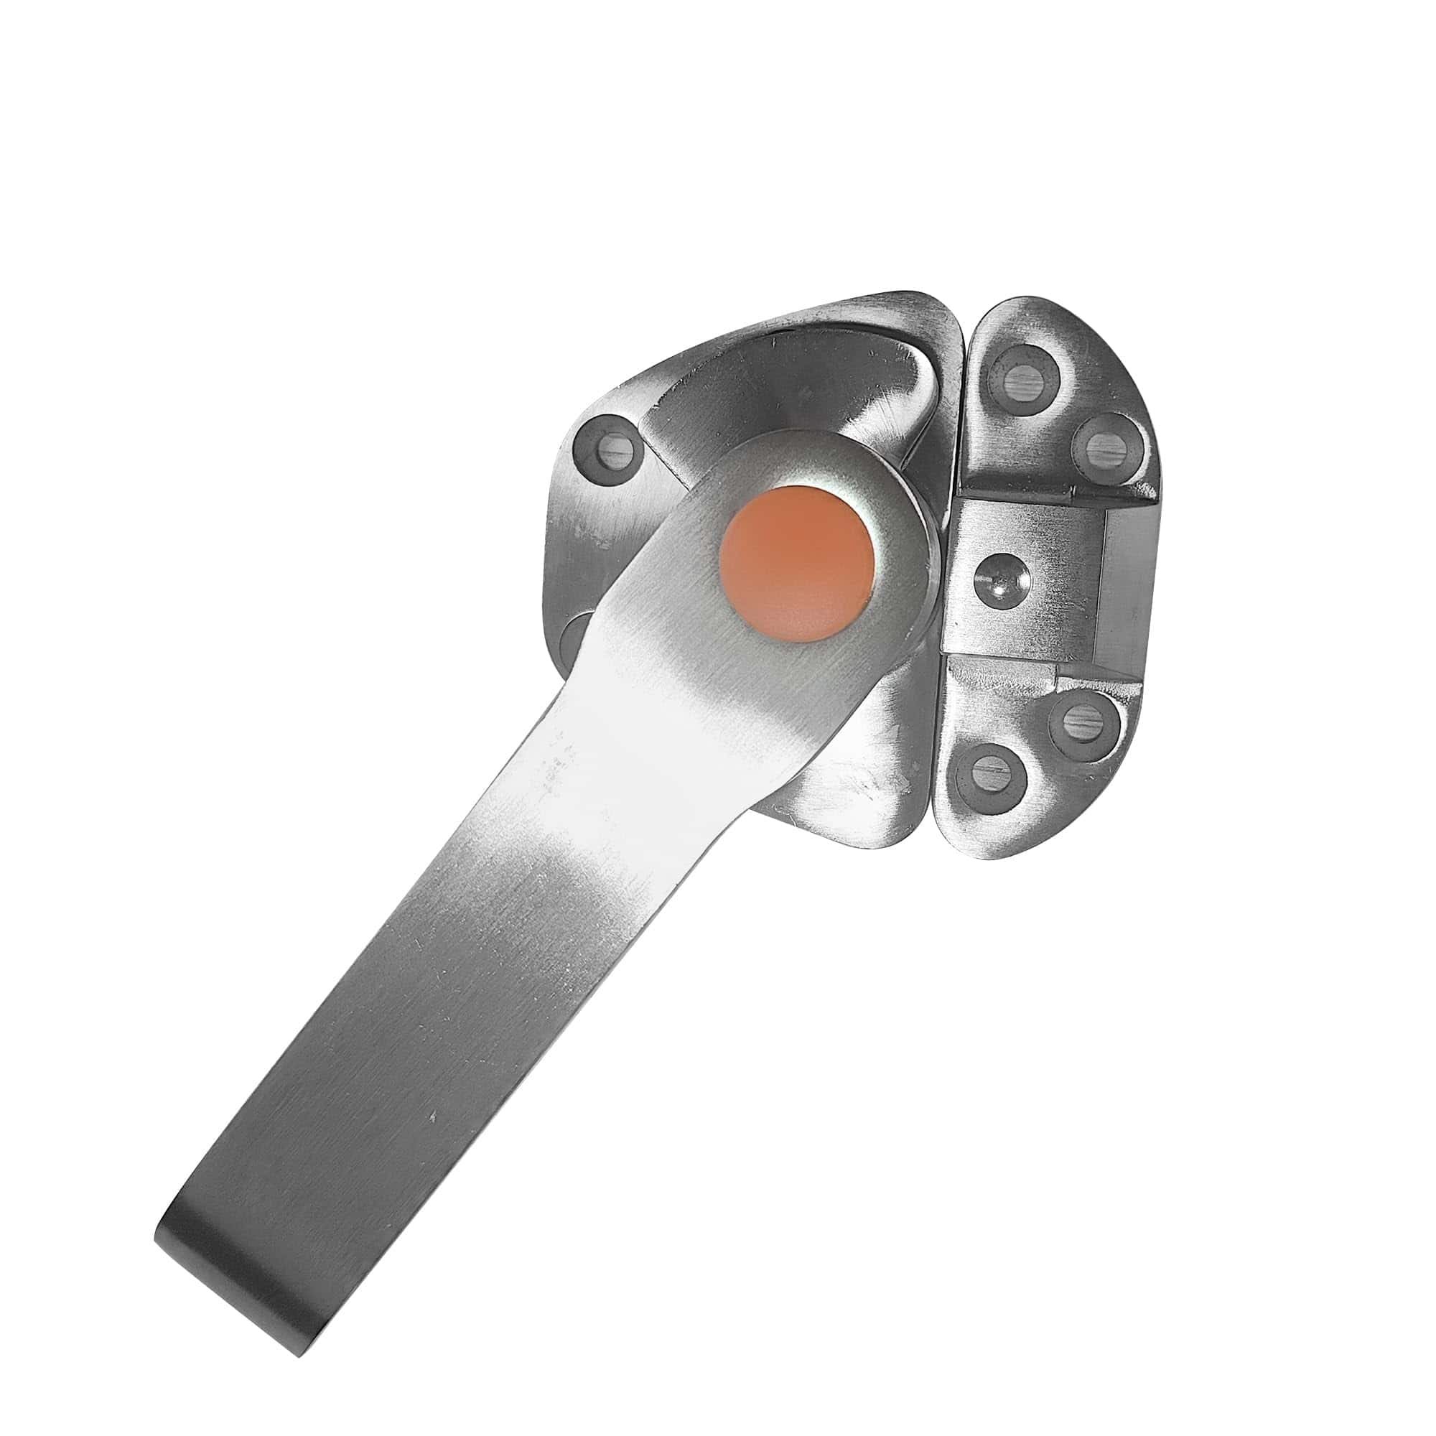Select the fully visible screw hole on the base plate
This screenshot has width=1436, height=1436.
click(x=608, y=447)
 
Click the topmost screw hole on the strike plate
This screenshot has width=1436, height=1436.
click(x=1028, y=370)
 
